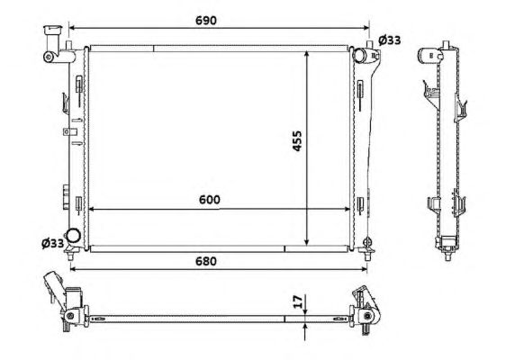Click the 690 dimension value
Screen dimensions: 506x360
(x=206, y=21)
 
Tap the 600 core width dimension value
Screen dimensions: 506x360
(x=210, y=200)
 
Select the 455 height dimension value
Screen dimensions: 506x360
(x=297, y=140)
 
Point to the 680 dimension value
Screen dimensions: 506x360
(x=206, y=261)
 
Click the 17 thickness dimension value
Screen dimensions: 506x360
(x=299, y=301)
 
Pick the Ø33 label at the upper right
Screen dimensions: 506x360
(x=390, y=40)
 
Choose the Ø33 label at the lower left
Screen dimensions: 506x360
(x=52, y=243)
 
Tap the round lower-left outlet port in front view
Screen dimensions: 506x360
(x=73, y=236)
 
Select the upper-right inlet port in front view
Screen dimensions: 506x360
(x=360, y=55)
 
